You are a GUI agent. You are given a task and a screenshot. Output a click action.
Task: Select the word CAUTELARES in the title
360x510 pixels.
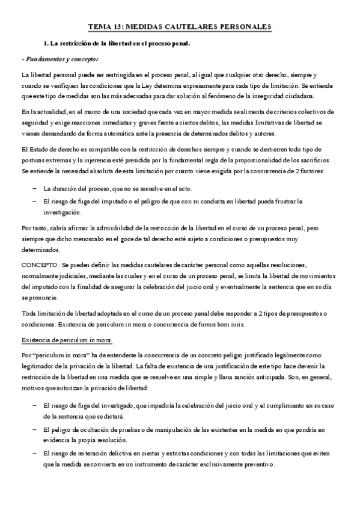[192, 27]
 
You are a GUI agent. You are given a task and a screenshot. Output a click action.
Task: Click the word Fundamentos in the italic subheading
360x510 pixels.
[44, 60]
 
